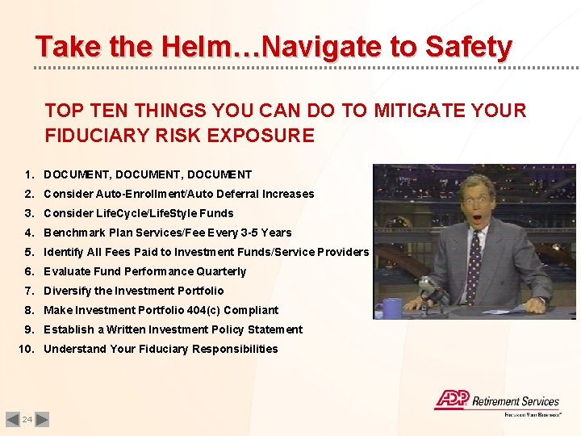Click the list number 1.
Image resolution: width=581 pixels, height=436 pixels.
[28, 174]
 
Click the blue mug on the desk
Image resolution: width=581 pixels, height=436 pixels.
[392, 307]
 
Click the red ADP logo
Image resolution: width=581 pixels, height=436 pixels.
[451, 399]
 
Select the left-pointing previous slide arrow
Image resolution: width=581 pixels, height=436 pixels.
[12, 419]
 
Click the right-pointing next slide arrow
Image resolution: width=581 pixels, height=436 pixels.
[43, 419]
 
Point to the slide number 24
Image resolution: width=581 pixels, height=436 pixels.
[27, 419]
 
